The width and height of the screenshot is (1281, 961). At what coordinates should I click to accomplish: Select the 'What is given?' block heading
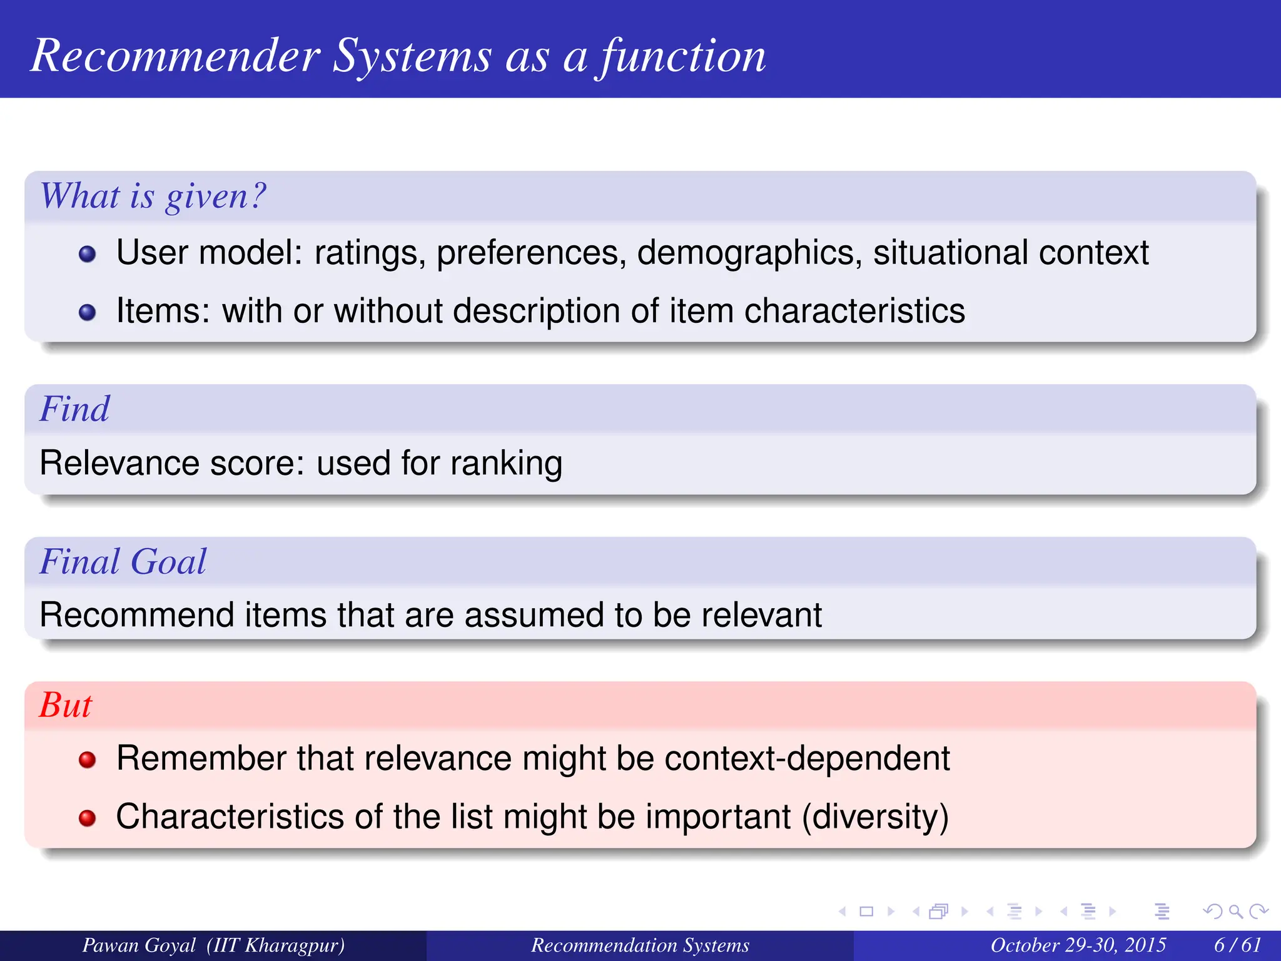coord(153,196)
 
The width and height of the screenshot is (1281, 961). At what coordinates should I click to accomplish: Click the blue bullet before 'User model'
coord(88,254)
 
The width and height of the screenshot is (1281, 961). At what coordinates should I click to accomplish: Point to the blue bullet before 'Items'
coord(88,312)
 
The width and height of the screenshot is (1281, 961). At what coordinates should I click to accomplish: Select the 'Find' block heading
coord(74,409)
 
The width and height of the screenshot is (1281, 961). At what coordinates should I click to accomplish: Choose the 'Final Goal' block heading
coord(123,561)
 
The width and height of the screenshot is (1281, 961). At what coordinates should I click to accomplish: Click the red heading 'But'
coord(66,705)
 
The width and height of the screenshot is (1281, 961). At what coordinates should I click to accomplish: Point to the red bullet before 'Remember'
coord(88,760)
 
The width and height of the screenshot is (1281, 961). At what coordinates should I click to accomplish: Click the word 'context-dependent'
coord(807,758)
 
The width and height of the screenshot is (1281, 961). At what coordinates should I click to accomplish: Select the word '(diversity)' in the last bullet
coord(875,817)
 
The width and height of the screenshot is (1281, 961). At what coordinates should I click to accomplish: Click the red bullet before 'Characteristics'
coord(88,818)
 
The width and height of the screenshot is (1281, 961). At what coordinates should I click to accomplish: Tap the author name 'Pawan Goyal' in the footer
coord(139,945)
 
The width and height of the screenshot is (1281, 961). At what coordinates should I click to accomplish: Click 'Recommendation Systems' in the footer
coord(640,945)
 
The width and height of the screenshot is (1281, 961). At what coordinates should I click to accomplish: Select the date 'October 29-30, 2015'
coord(1078,945)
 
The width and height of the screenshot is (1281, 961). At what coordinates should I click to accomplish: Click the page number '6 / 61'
coord(1237,945)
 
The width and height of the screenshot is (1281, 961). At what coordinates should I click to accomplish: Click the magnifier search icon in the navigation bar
coord(1235,912)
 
